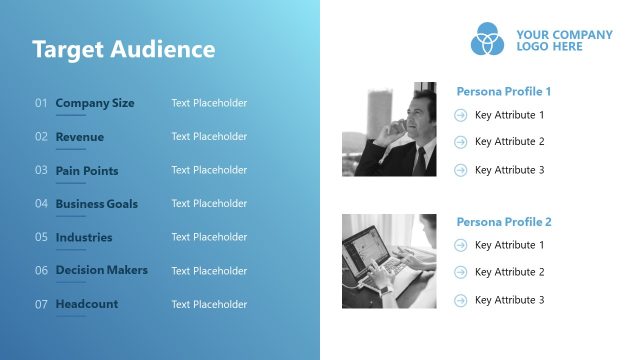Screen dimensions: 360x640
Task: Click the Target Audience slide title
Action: [x=123, y=49]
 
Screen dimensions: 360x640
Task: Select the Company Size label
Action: [x=95, y=103]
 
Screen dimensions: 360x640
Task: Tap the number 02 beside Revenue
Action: [x=41, y=137]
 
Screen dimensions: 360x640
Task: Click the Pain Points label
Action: [x=87, y=171]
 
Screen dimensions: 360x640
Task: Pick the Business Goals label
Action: [x=97, y=204]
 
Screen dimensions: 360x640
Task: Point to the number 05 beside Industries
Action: [x=41, y=238]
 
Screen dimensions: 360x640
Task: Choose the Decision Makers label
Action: [x=101, y=270]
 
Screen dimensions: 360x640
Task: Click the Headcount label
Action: [x=87, y=304]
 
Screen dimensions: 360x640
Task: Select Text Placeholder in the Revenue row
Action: [x=209, y=137]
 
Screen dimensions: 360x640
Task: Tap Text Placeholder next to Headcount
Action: [x=209, y=304]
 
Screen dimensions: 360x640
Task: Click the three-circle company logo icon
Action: [x=488, y=40]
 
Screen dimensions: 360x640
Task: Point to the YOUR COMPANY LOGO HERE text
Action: [x=564, y=41]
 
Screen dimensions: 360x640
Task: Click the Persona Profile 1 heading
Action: [x=504, y=91]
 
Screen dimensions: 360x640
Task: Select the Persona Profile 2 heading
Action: [x=504, y=222]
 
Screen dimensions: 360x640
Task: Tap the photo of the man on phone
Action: [x=389, y=129]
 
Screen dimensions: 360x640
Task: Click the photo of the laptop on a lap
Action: [x=389, y=261]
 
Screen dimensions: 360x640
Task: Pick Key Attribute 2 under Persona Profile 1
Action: [x=509, y=142]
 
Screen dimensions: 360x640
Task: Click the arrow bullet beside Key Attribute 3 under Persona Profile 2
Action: [x=461, y=300]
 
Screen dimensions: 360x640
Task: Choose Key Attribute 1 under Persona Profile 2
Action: [x=509, y=245]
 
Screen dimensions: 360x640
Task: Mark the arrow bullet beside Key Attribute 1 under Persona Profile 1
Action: [x=461, y=115]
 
